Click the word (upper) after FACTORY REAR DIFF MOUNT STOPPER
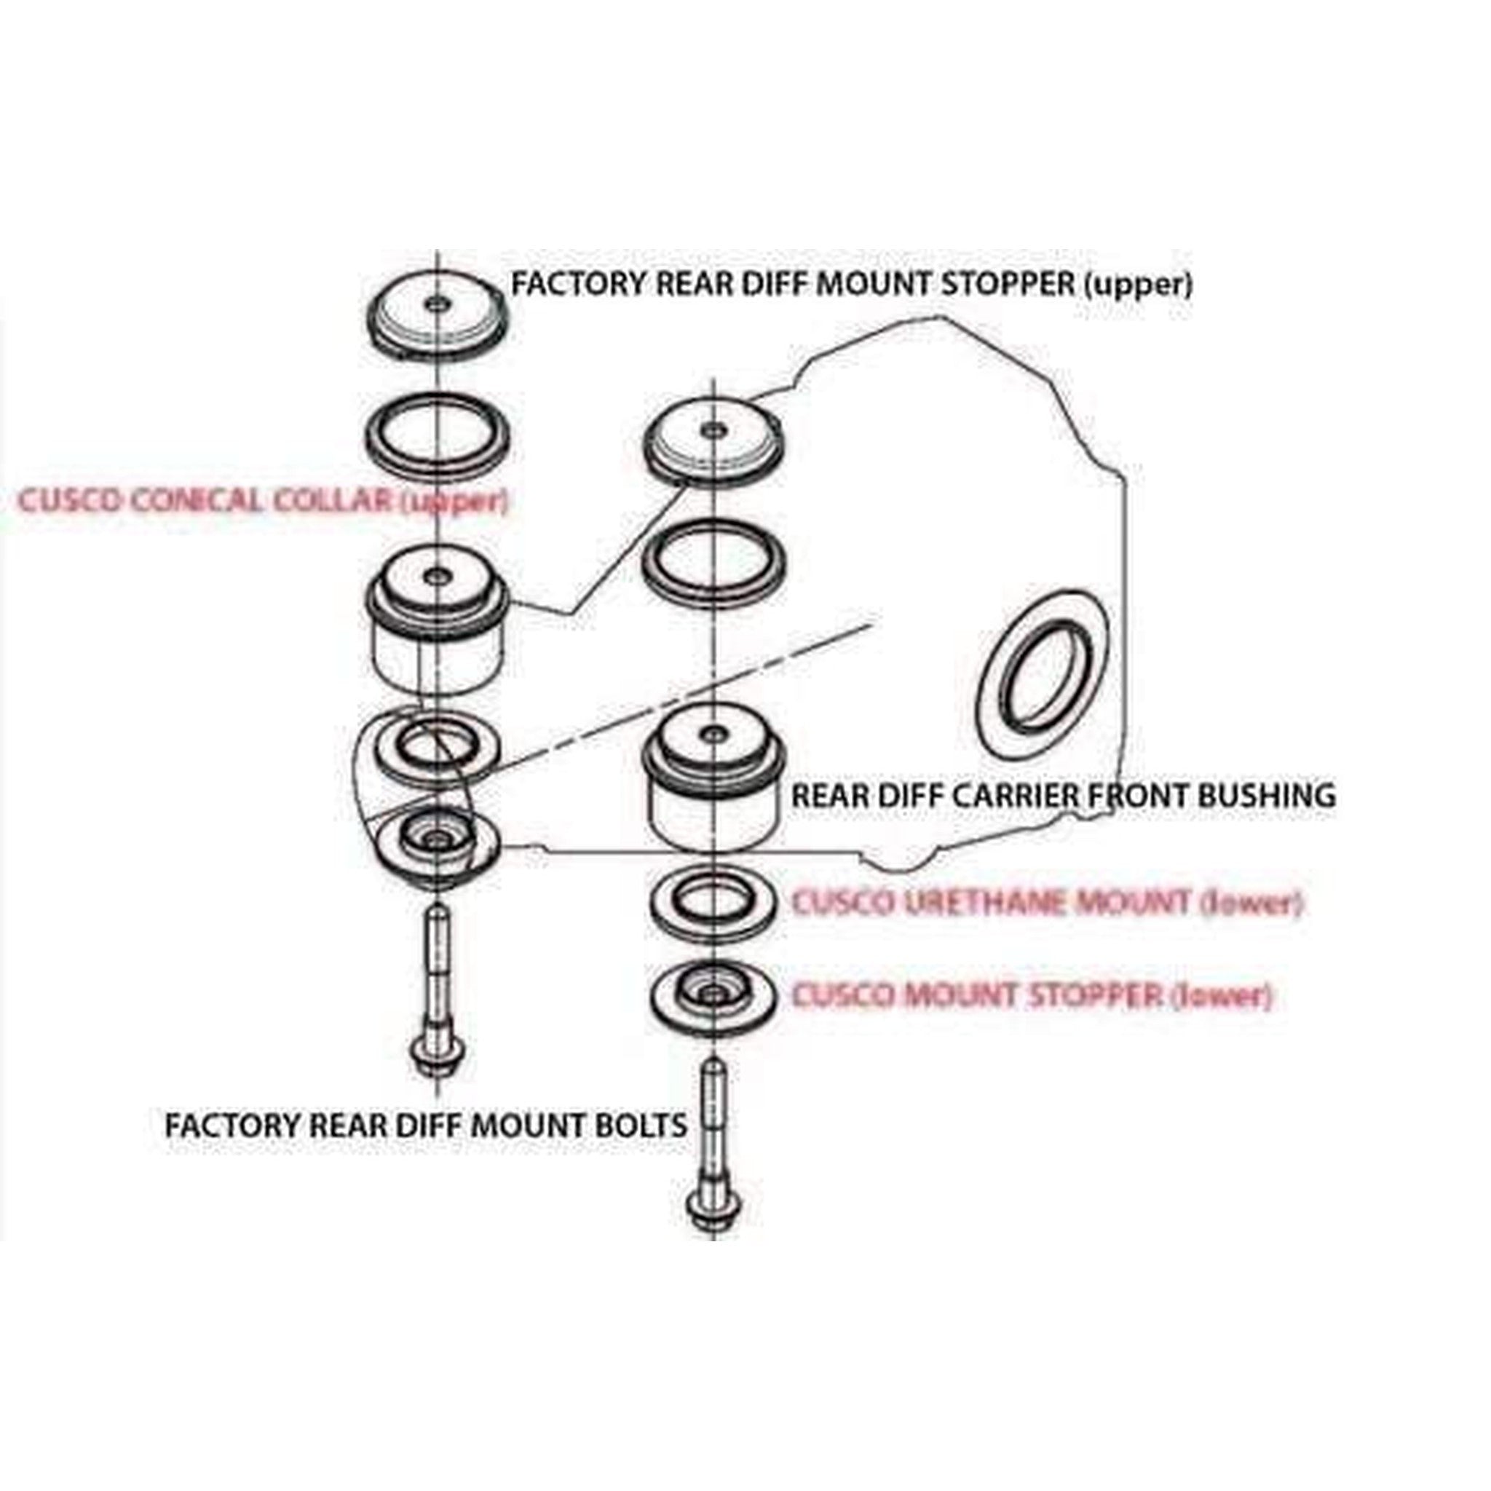(x=1138, y=285)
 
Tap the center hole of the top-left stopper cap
(x=437, y=305)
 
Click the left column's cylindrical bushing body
(x=437, y=656)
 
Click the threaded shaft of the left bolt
(x=437, y=965)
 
